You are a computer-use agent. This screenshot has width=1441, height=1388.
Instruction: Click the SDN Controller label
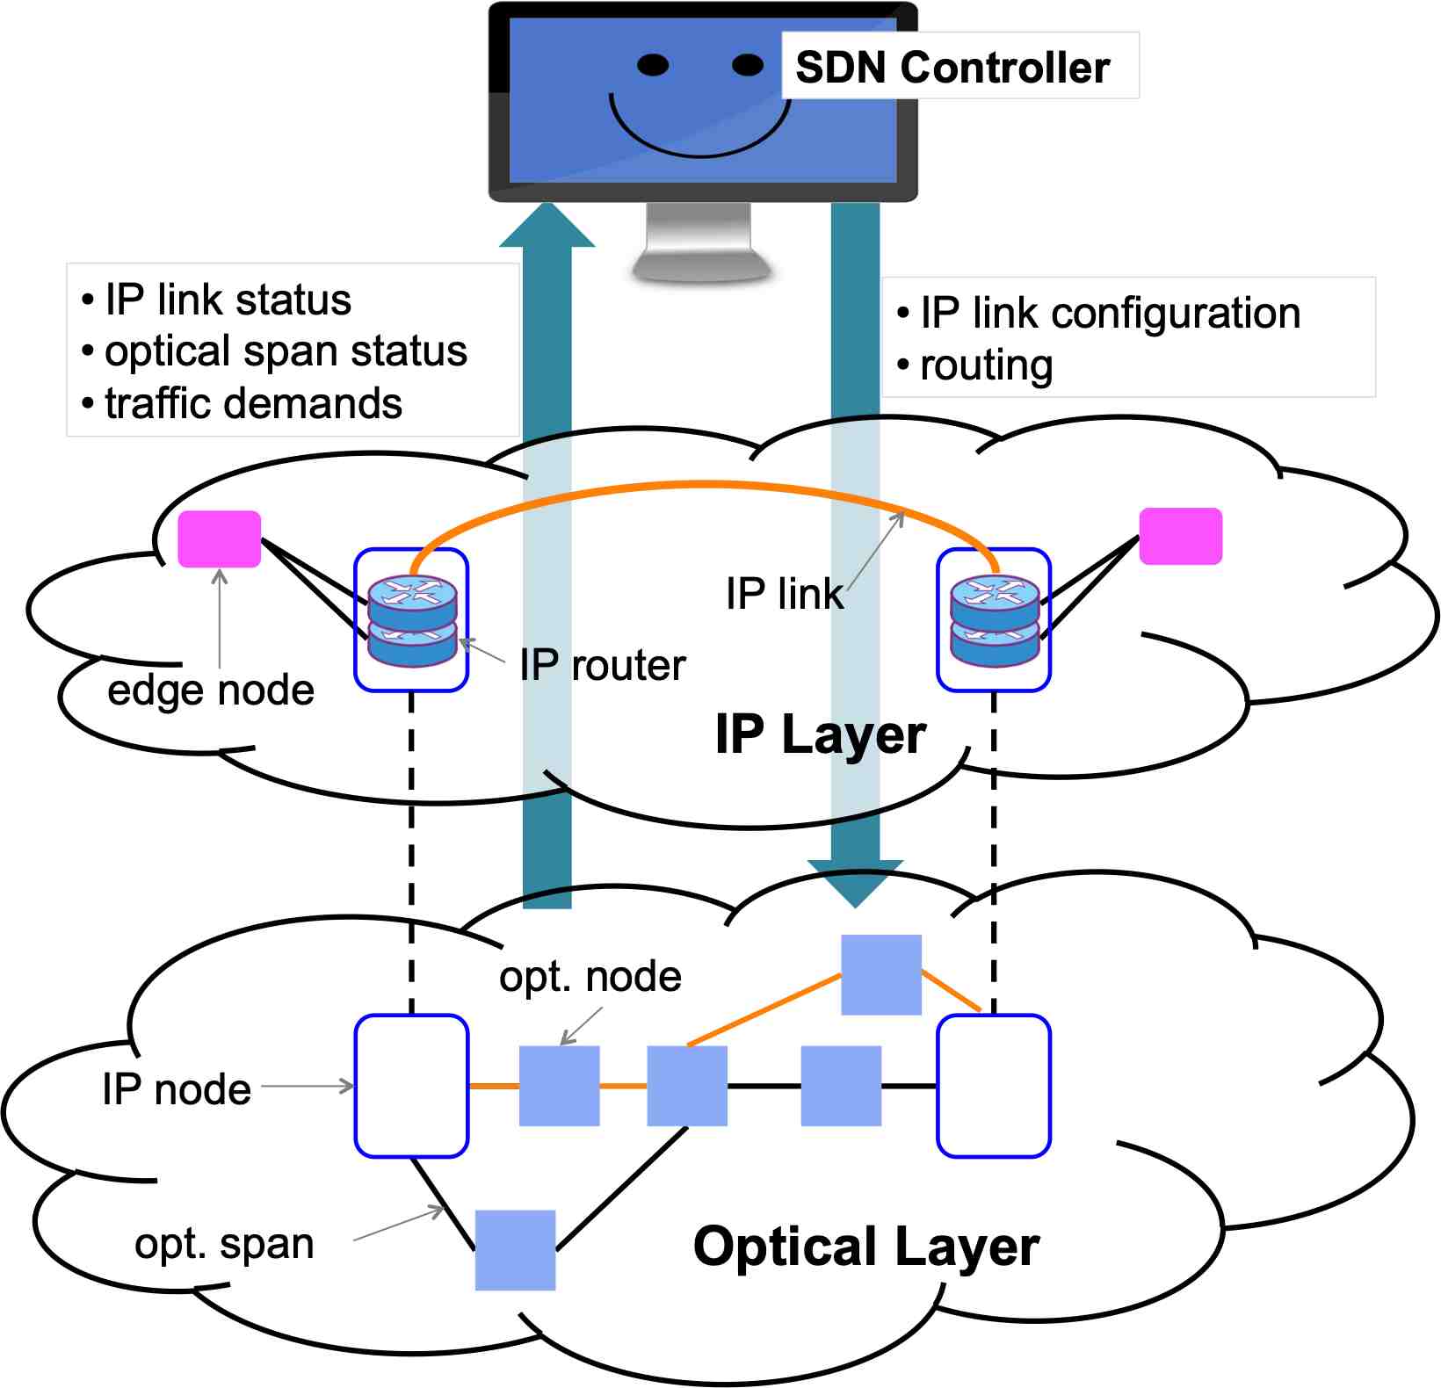click(952, 67)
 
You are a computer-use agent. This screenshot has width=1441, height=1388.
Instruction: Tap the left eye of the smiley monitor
click(653, 65)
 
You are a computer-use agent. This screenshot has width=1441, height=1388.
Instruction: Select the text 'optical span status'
click(286, 351)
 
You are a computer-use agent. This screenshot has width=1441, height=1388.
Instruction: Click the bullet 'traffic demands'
click(253, 403)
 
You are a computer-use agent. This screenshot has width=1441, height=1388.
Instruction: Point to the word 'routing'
click(986, 365)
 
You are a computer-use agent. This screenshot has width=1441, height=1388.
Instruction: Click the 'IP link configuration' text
click(1110, 314)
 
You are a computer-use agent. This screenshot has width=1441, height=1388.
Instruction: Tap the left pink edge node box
click(220, 539)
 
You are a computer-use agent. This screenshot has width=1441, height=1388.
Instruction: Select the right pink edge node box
click(1180, 536)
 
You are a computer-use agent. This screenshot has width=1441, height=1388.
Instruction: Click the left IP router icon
click(412, 619)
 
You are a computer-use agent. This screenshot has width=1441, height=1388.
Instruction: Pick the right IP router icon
click(995, 619)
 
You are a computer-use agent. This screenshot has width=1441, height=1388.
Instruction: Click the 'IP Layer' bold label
click(820, 734)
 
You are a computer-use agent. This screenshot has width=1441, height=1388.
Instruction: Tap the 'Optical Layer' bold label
click(865, 1247)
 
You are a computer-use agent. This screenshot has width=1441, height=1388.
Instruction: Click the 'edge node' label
click(211, 690)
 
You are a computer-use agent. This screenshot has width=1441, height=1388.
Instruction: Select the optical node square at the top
click(881, 974)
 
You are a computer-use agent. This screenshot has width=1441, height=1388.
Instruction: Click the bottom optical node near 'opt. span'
click(515, 1250)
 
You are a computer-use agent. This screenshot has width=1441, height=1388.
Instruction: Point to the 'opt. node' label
click(590, 976)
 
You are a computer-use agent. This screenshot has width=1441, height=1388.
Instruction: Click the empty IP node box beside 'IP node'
click(411, 1086)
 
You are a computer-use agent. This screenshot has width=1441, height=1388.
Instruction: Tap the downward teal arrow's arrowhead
click(855, 883)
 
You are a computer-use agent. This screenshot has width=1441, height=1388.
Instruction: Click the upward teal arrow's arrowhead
click(547, 225)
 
